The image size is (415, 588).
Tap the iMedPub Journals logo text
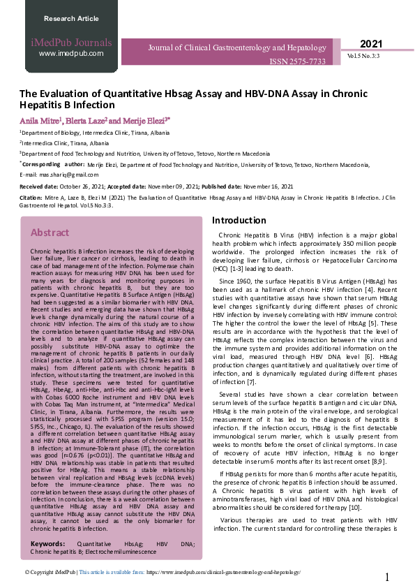(x=71, y=43)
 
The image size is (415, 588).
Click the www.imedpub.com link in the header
(x=71, y=53)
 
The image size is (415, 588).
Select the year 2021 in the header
(x=371, y=44)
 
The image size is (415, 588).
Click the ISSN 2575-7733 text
(x=297, y=62)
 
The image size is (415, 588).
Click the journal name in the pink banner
(x=236, y=48)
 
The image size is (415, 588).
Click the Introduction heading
(x=239, y=221)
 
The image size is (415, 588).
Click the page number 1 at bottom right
(x=387, y=577)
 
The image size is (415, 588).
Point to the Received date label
(x=40, y=186)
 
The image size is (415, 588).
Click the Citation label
(x=31, y=198)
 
